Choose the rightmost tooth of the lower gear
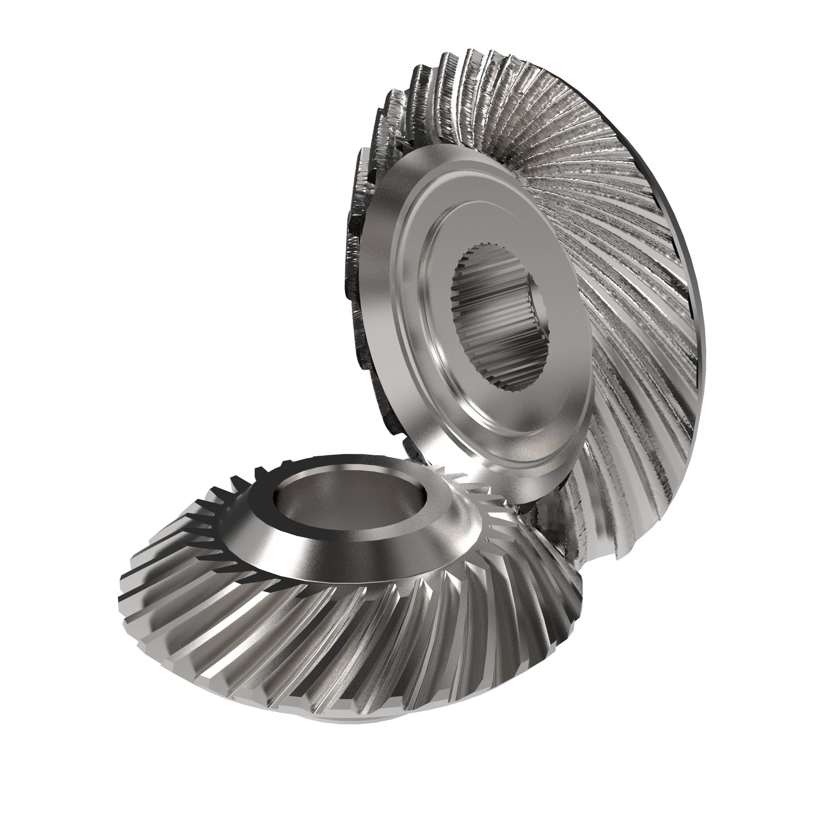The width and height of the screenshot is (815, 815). [578, 590]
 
